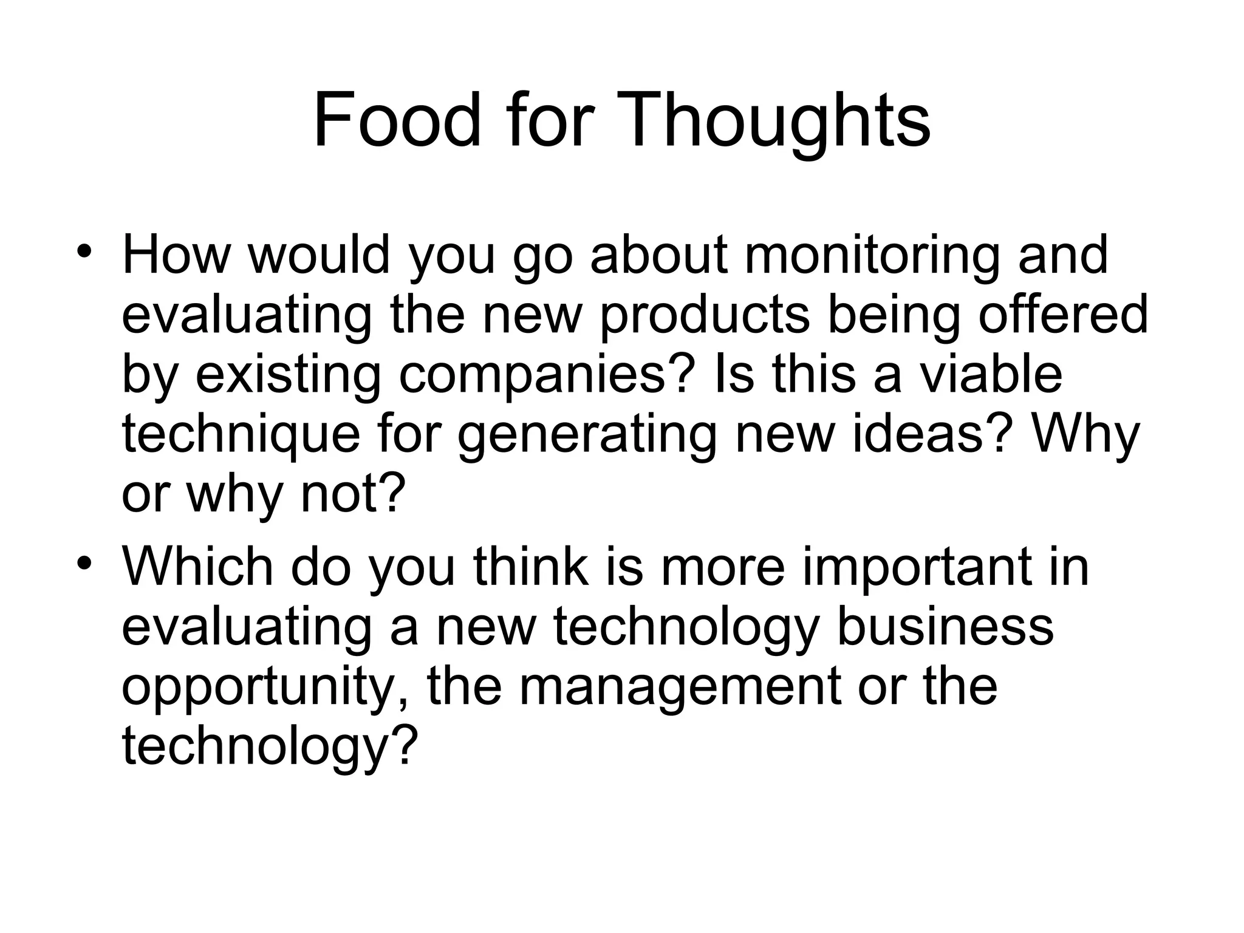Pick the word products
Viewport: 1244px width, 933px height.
tap(705, 316)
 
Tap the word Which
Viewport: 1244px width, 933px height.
tap(197, 566)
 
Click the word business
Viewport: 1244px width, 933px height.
tap(945, 626)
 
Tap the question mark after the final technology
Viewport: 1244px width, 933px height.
tap(407, 745)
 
